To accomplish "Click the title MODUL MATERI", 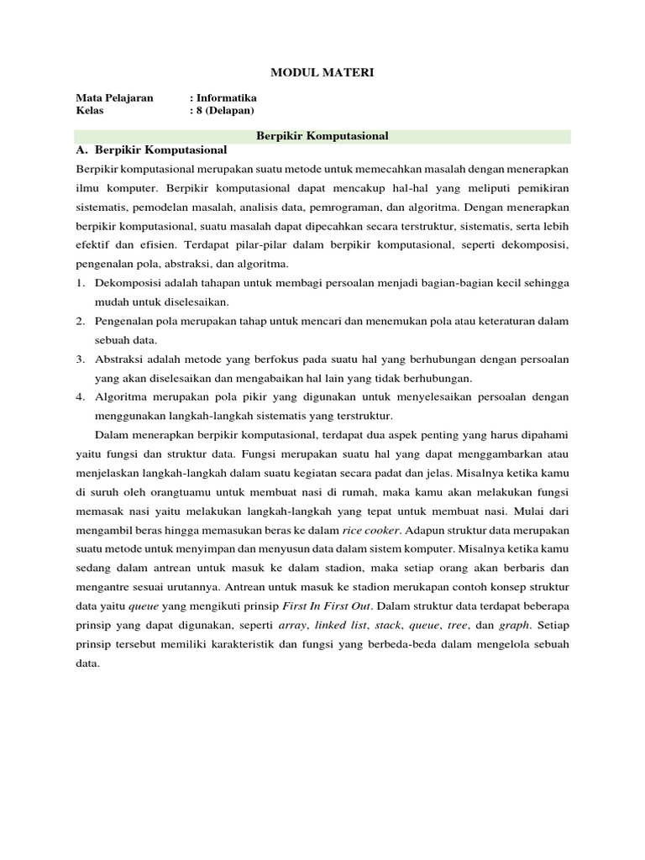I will pos(322,74).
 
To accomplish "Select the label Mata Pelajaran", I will pos(114,97).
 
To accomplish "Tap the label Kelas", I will pos(90,110).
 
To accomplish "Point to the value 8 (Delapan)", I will pos(224,110).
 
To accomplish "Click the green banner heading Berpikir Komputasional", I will pos(322,135).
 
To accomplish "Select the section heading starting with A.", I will pos(151,150).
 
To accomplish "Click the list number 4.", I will pos(79,396).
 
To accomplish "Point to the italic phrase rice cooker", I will pos(370,530).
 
